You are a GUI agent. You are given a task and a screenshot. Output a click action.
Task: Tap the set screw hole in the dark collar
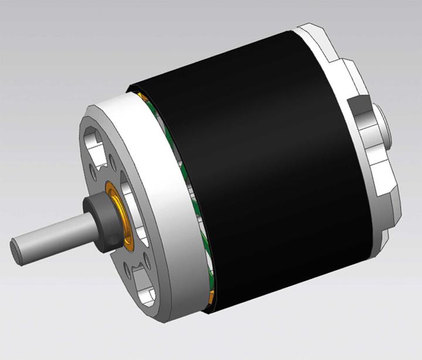(110, 240)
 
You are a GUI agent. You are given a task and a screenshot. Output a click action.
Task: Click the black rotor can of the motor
(264, 176)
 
